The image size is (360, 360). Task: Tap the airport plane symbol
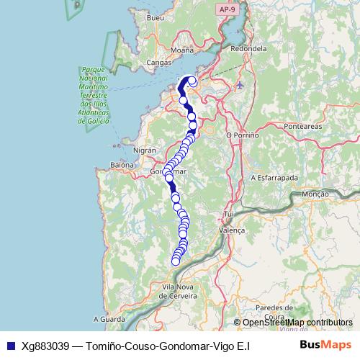pos(239,85)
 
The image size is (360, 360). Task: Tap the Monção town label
pos(315,194)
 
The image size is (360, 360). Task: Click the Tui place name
pos(230,215)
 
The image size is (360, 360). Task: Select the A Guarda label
pos(109,318)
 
